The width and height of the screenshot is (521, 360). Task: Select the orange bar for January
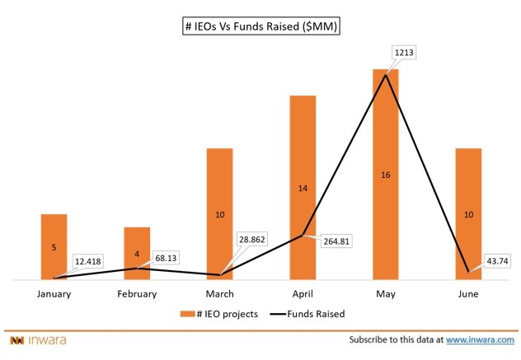(54, 247)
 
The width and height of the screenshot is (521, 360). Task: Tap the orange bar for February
(137, 253)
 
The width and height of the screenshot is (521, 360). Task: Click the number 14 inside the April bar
(303, 189)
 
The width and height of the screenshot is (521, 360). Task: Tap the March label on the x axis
(219, 293)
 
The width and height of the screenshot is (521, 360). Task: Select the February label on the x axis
(137, 293)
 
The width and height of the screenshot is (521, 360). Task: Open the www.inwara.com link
(480, 339)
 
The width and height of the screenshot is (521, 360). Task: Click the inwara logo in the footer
(39, 339)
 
